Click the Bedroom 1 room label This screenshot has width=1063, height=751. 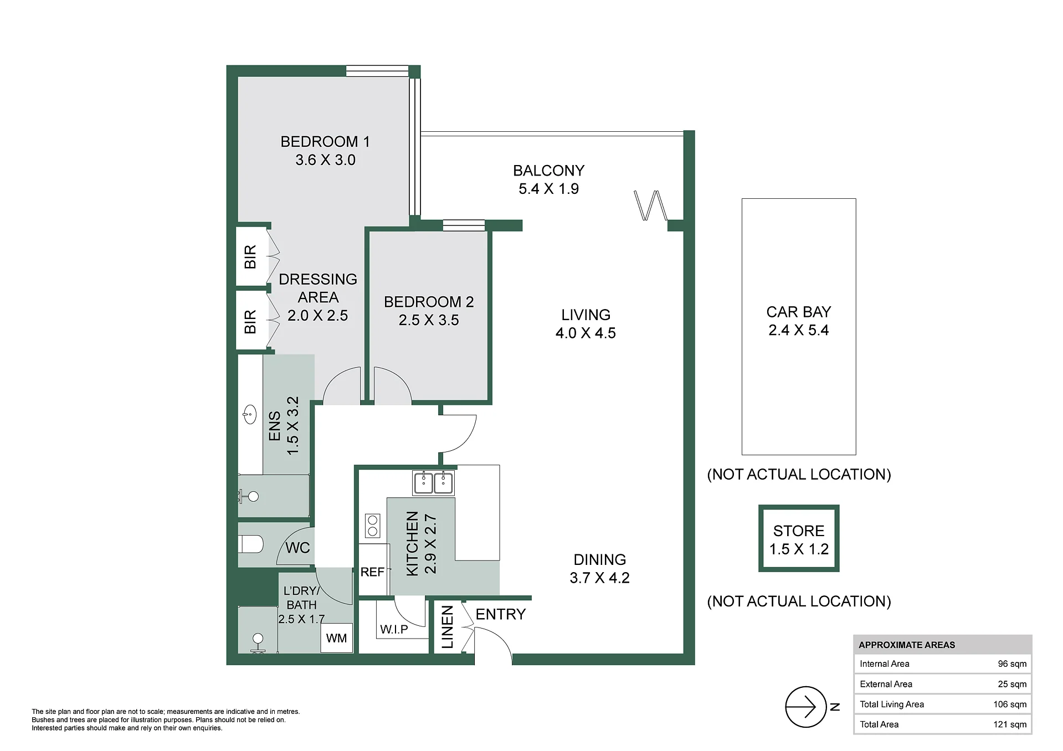pyautogui.click(x=325, y=142)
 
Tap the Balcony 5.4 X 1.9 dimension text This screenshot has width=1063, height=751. pyautogui.click(x=549, y=189)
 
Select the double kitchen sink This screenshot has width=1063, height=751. pyautogui.click(x=433, y=482)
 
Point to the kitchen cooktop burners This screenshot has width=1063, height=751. pyautogui.click(x=373, y=526)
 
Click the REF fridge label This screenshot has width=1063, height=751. pyautogui.click(x=372, y=572)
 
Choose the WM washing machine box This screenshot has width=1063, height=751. pyautogui.click(x=336, y=638)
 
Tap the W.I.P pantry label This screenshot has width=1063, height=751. pyautogui.click(x=394, y=629)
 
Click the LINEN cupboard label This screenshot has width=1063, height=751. pyautogui.click(x=448, y=627)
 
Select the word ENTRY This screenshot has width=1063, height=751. pyautogui.click(x=501, y=614)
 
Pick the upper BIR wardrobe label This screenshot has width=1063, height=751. pyautogui.click(x=250, y=257)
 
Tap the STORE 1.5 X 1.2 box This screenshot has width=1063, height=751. pyautogui.click(x=799, y=538)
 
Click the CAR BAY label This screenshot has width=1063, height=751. pyautogui.click(x=799, y=312)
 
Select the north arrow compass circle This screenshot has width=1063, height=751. pyautogui.click(x=805, y=707)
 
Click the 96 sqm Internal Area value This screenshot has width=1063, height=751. pyautogui.click(x=1012, y=663)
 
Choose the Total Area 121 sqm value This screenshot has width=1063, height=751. pyautogui.click(x=1010, y=724)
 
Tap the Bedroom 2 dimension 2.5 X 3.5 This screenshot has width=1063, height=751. pyautogui.click(x=429, y=320)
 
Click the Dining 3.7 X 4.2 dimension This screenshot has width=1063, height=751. pyautogui.click(x=599, y=578)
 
